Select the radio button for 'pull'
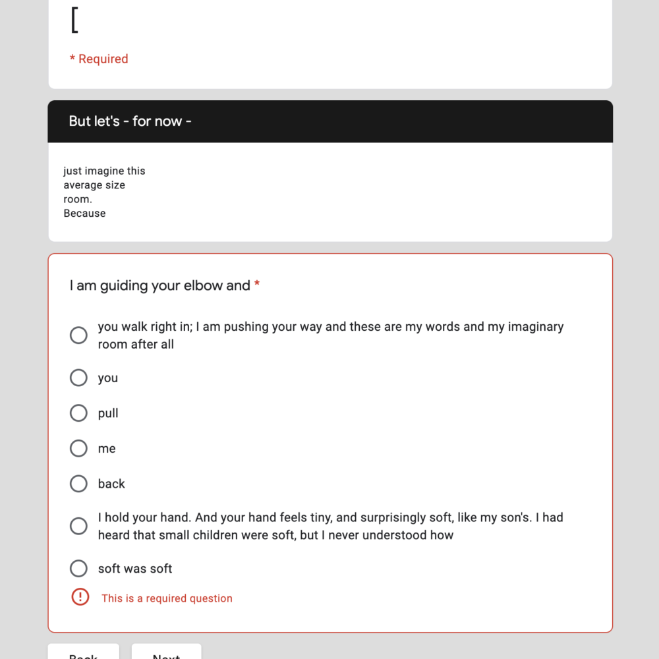(78, 413)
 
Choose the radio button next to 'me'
(78, 448)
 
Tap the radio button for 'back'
(78, 484)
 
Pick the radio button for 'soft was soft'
(78, 568)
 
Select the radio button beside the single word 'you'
(78, 378)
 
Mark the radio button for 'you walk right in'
(78, 335)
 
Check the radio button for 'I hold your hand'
(78, 526)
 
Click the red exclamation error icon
(80, 598)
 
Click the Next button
(166, 654)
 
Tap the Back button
(84, 654)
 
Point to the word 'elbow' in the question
(204, 285)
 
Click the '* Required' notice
(99, 59)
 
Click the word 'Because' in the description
(84, 213)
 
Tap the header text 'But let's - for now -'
(130, 121)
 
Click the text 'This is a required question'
(167, 598)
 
